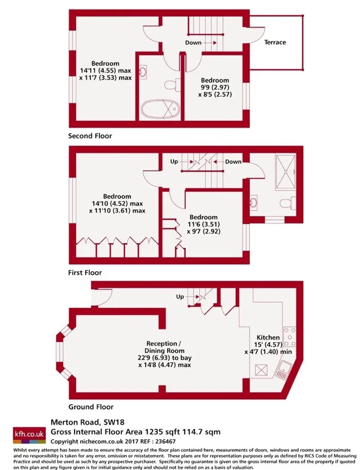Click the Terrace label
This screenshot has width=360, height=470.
(275, 42)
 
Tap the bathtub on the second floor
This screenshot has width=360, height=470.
(160, 109)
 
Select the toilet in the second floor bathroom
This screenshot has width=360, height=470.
(173, 84)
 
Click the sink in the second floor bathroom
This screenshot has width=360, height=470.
(143, 72)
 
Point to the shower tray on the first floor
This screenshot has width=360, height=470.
(286, 172)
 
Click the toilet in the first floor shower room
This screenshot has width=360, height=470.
(288, 204)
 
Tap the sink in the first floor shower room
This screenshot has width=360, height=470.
(254, 202)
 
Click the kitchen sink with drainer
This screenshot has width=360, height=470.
(282, 370)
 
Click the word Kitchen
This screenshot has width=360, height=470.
(268, 337)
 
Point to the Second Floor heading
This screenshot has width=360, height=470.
(90, 136)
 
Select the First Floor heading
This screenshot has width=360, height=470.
(85, 273)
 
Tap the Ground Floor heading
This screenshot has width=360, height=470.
(91, 407)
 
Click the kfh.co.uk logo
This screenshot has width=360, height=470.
(29, 435)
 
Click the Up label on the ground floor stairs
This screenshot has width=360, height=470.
(180, 297)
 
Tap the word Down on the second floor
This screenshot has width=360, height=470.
(193, 43)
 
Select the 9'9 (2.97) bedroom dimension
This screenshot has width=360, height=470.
(215, 88)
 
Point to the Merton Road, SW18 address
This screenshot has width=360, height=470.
(88, 423)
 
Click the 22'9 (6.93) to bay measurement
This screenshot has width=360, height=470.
(165, 358)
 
